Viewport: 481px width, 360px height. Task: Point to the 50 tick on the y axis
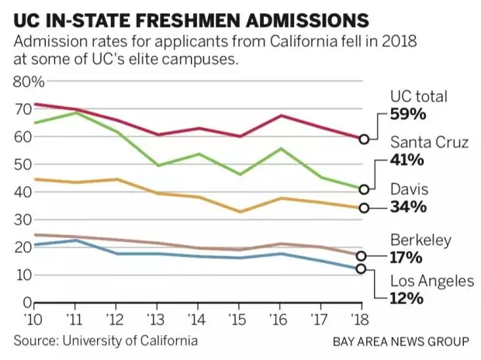click(x=28, y=164)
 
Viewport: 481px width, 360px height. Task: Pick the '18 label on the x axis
click(x=361, y=320)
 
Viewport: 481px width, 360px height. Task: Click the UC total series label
click(x=420, y=97)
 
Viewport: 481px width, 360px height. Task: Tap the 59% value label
click(x=407, y=115)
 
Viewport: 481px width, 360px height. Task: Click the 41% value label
click(x=407, y=160)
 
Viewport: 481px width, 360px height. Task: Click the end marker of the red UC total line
click(x=362, y=139)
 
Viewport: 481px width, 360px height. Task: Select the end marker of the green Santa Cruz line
click(x=362, y=189)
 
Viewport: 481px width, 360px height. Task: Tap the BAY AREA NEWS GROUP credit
click(x=401, y=341)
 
